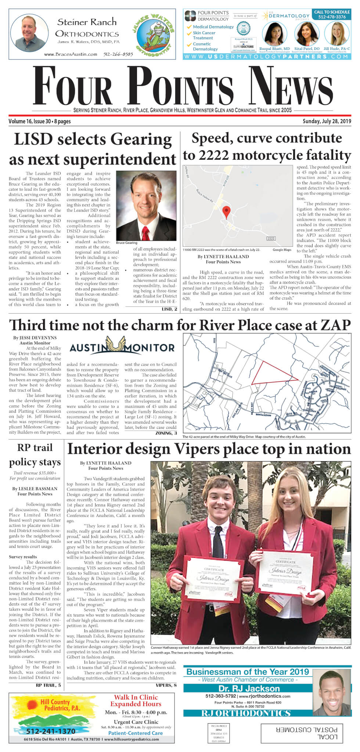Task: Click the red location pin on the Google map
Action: (227, 211)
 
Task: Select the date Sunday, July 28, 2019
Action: (327, 121)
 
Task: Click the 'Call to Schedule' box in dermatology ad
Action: (332, 14)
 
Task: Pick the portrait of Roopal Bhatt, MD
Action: (274, 34)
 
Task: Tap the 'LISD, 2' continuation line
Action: (169, 309)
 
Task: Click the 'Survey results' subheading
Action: (23, 557)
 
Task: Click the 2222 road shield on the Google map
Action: (271, 239)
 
